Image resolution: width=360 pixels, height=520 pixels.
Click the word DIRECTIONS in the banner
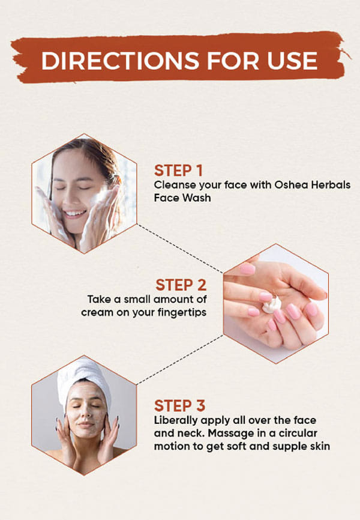coord(121,61)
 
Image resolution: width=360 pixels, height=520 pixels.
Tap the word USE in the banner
coord(292,61)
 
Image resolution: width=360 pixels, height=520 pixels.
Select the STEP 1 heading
coord(178,171)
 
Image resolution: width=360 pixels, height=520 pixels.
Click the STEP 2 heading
coord(181,285)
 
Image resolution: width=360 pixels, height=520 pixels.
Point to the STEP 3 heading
coord(179,406)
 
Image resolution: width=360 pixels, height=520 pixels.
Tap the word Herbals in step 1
coord(331,185)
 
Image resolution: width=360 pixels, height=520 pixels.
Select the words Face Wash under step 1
coord(182,198)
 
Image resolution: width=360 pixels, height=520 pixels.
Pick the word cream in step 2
coord(92,313)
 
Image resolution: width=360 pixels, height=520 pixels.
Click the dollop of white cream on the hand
coord(272,304)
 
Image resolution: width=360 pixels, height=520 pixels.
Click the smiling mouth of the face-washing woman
coord(74,213)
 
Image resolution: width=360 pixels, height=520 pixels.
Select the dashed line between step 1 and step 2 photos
coord(180,249)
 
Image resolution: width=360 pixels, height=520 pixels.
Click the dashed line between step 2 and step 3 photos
coord(180,360)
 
